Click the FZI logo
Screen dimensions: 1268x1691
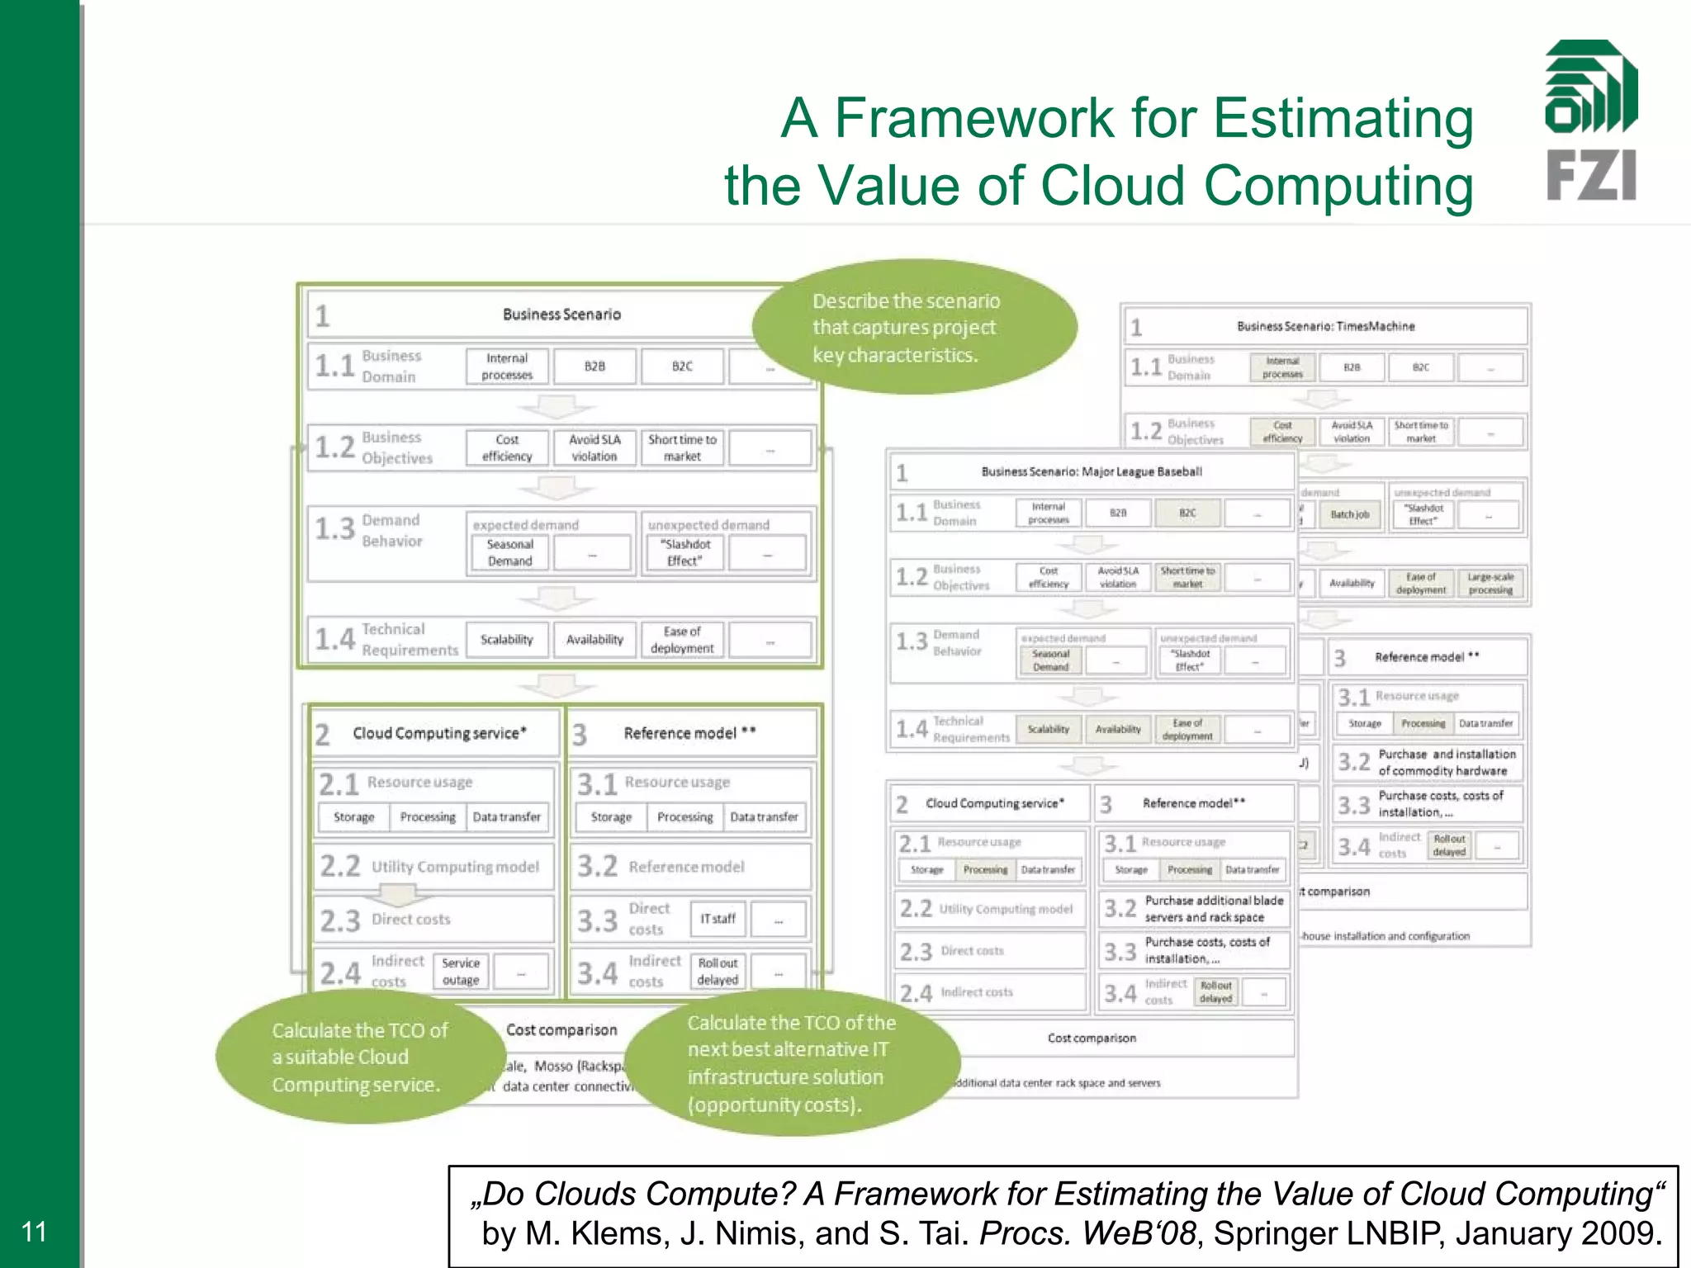pos(1590,121)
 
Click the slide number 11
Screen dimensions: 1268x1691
pos(34,1231)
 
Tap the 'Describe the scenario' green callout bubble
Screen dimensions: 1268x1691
pos(914,328)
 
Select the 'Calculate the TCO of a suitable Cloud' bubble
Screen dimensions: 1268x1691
pos(361,1057)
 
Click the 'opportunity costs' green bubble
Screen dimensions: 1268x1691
pos(791,1063)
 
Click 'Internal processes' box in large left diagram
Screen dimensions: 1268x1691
pos(507,367)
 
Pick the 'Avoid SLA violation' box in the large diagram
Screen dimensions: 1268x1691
pos(594,447)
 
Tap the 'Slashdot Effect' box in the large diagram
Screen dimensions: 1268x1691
pos(684,552)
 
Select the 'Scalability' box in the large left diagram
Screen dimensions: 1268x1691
pos(507,640)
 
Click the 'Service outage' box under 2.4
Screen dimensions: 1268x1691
pos(461,972)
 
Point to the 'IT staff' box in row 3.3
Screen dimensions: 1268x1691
pos(718,919)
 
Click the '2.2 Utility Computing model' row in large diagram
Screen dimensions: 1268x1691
pos(433,867)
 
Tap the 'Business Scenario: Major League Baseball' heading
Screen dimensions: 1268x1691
pos(1091,472)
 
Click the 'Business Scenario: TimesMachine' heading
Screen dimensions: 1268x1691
pos(1324,327)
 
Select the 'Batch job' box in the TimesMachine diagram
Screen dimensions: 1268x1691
pos(1349,514)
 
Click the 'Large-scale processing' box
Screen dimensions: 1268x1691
pos(1490,584)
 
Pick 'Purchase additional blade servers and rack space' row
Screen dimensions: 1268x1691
pos(1195,909)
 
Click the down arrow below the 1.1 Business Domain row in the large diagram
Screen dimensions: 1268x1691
pos(557,407)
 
